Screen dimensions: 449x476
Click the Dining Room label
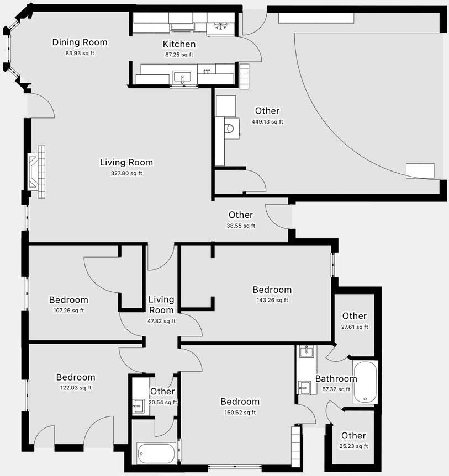pyautogui.click(x=80, y=42)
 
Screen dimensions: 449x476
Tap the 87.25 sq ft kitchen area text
pyautogui.click(x=179, y=55)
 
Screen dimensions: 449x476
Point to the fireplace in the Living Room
pyautogui.click(x=36, y=172)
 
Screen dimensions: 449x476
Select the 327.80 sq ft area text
pyautogui.click(x=126, y=173)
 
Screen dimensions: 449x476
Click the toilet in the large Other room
pyautogui.click(x=230, y=128)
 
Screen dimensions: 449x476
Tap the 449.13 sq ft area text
pyautogui.click(x=267, y=122)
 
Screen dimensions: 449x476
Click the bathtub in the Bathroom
pyautogui.click(x=365, y=382)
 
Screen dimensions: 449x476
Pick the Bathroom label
pyautogui.click(x=336, y=378)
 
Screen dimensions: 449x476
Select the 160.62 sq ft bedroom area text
pyautogui.click(x=240, y=413)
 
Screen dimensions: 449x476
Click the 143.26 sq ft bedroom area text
pyautogui.click(x=272, y=300)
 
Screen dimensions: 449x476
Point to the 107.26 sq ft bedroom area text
pyautogui.click(x=68, y=311)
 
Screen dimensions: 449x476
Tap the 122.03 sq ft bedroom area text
pyautogui.click(x=76, y=388)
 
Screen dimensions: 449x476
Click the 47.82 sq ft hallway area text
pyautogui.click(x=161, y=321)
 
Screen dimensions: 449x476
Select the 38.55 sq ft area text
pyautogui.click(x=241, y=226)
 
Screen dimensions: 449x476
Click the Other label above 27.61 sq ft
pyautogui.click(x=354, y=316)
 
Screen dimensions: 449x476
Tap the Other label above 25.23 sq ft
pyautogui.click(x=353, y=436)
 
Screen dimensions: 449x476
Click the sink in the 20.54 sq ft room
pyautogui.click(x=138, y=405)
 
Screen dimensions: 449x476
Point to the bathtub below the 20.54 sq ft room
pyautogui.click(x=156, y=453)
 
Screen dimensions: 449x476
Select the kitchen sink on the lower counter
pyautogui.click(x=182, y=77)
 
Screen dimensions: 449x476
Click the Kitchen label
pyautogui.click(x=179, y=44)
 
